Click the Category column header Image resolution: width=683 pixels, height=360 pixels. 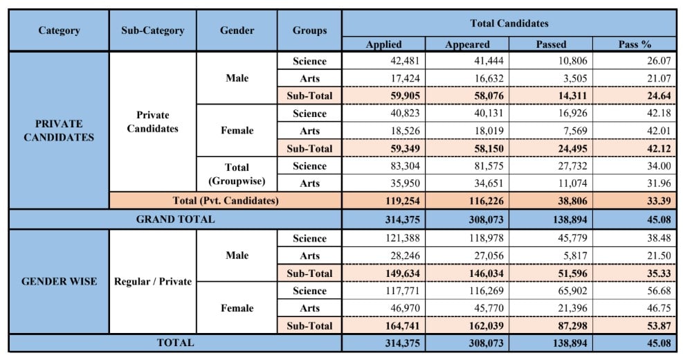pos(59,30)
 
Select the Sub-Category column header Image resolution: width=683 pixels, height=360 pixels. pos(153,30)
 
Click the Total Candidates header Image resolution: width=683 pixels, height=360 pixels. pos(509,23)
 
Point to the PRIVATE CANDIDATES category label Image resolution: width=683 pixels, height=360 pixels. pos(59,130)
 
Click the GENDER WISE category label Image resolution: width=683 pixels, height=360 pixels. pos(59,282)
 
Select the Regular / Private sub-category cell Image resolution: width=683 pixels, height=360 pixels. pos(153,282)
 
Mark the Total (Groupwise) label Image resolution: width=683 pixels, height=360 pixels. pos(237,174)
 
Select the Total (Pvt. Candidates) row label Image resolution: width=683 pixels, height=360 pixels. pos(225,201)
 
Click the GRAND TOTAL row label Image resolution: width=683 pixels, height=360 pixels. pos(175,219)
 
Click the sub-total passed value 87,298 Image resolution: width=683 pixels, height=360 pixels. pos(551,325)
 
